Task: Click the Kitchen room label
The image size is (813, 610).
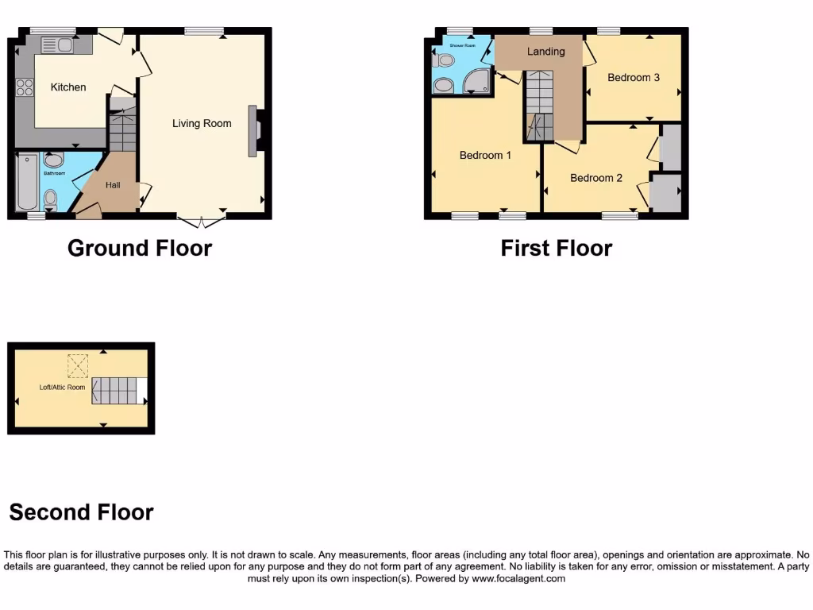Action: click(x=68, y=87)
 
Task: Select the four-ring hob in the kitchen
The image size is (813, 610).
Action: click(x=22, y=86)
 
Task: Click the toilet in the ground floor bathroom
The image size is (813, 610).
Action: click(x=51, y=197)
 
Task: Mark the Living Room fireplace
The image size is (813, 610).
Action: click(x=254, y=130)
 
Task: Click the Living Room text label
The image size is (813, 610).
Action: click(x=202, y=123)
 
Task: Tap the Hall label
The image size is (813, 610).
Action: click(x=113, y=185)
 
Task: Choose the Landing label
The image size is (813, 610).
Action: click(x=546, y=52)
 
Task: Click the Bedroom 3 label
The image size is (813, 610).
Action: click(x=633, y=78)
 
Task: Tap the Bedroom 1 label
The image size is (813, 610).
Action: click(x=485, y=155)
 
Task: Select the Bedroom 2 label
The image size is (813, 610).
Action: click(x=596, y=178)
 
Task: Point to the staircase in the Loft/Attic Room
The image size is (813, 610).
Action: click(x=114, y=390)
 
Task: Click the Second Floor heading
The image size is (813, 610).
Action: click(x=81, y=512)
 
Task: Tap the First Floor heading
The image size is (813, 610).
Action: click(x=556, y=249)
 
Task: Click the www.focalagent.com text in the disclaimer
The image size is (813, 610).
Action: click(x=518, y=579)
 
